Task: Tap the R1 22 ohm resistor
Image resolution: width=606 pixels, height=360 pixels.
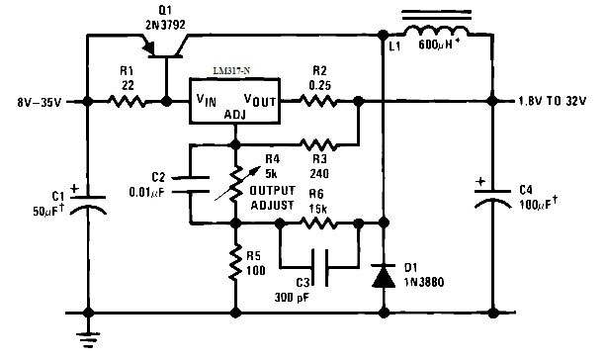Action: click(127, 102)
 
